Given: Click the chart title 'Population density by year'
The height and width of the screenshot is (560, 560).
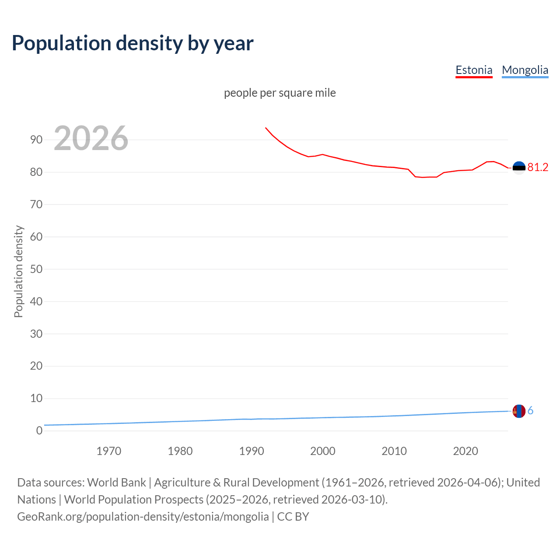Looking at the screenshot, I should click(133, 43).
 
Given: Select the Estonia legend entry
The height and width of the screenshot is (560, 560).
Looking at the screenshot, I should click(474, 70).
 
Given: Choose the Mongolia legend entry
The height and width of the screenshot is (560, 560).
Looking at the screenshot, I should click(525, 70).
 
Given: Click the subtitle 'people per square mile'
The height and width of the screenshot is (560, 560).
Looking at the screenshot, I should click(280, 93).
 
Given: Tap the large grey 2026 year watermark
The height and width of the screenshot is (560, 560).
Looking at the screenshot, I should click(91, 138).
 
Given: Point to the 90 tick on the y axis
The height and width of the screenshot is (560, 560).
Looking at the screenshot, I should click(36, 140).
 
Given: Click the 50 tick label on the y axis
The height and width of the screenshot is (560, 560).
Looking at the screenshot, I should click(36, 269).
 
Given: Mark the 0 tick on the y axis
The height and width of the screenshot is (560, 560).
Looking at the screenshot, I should click(39, 430).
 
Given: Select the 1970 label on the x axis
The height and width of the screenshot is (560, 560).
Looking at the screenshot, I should click(108, 451).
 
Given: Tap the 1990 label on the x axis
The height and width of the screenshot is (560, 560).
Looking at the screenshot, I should click(251, 451).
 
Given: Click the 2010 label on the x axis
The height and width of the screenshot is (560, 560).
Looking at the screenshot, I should click(394, 451).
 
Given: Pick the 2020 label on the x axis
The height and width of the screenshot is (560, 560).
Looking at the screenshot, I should click(465, 451).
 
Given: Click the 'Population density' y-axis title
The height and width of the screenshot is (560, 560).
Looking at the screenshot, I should click(18, 271).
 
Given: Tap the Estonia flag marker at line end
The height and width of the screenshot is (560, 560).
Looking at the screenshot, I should click(519, 168).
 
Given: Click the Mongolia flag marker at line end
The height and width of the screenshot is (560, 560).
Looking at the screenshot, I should click(519, 411).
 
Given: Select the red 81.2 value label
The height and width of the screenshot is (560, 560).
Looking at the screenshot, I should click(538, 167).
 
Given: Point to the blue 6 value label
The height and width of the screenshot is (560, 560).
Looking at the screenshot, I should click(531, 410).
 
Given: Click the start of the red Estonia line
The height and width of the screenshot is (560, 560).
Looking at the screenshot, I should click(266, 128).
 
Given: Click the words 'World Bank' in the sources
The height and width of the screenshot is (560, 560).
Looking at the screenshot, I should click(116, 482).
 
